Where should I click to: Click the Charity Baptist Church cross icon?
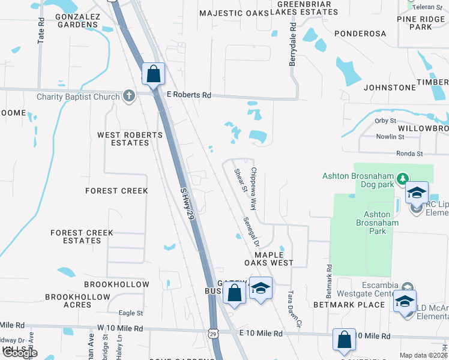point(128,95)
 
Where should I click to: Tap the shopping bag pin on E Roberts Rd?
point(154,74)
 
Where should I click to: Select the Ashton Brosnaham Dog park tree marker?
point(403,178)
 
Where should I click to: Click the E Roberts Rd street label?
point(189,95)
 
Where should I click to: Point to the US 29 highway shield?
point(214,332)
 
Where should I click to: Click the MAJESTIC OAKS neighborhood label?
point(234,13)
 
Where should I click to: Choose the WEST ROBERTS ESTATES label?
point(130,139)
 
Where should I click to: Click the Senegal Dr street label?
point(251,231)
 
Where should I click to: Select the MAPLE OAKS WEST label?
point(269,258)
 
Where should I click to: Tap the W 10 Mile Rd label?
point(121,329)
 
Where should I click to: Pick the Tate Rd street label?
point(41,29)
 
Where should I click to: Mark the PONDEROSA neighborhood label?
point(360,34)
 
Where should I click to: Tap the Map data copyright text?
point(423,355)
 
